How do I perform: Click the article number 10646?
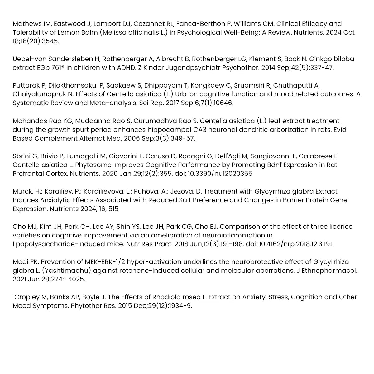tap(222, 103)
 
